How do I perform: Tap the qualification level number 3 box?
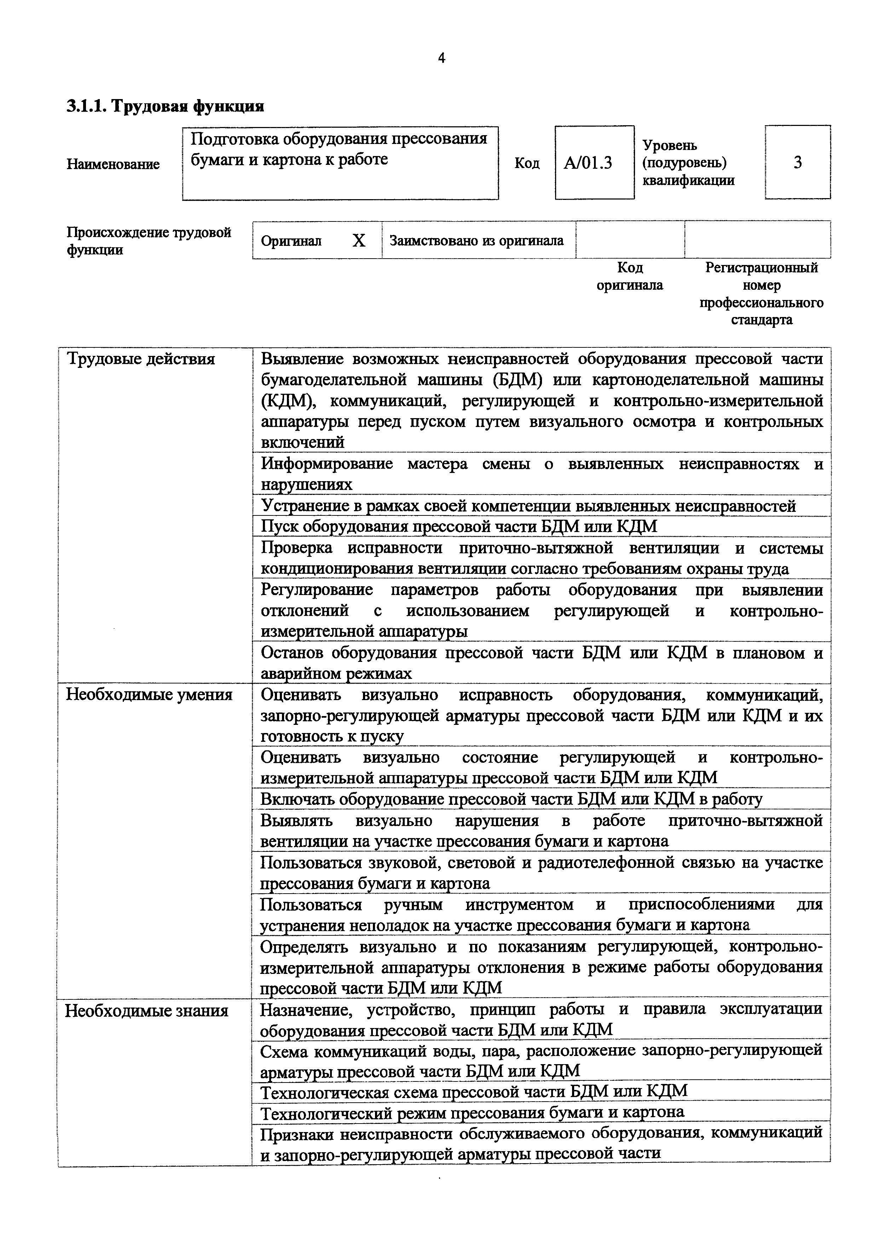click(x=797, y=162)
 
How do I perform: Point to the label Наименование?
click(x=113, y=164)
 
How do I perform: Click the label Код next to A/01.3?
click(x=527, y=163)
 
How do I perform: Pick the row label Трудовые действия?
click(x=140, y=359)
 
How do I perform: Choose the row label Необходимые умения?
click(x=149, y=694)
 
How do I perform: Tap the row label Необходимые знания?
click(x=147, y=1011)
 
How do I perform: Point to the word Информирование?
click(x=327, y=464)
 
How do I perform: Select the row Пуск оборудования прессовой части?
click(x=459, y=526)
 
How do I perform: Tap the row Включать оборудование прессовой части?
click(x=511, y=799)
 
